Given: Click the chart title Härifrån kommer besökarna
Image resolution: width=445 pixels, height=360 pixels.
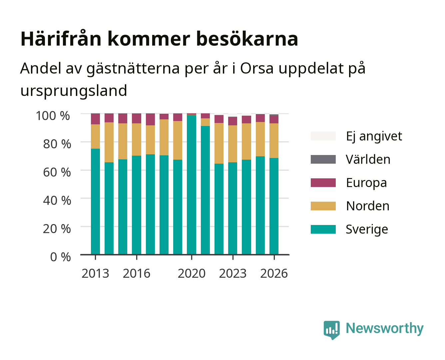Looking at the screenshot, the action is pos(159,39).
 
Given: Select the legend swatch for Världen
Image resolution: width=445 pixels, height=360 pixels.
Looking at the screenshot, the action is pos(323,159).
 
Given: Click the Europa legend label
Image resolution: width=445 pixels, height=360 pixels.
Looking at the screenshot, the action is pos(366,183).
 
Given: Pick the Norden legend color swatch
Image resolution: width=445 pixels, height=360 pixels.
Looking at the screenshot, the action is pos(323,206).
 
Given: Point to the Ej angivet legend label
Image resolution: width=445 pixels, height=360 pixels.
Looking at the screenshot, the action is pos(374,136).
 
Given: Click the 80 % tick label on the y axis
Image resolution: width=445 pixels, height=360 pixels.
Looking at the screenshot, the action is pos(57,144).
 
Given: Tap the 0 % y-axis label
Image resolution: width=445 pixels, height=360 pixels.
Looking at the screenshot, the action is pos(60,257).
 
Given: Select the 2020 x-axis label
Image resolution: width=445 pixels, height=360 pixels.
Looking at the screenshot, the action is pos(192,273).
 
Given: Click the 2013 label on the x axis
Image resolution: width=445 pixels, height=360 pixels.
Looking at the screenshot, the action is pos(95,273).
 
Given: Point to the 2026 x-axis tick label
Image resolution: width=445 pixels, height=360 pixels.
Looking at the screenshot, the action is pos(274,273).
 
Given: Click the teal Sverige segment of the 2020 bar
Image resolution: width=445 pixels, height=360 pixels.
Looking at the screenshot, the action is pos(192,185).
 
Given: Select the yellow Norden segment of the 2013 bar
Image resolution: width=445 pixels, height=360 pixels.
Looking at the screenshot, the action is pos(95,137).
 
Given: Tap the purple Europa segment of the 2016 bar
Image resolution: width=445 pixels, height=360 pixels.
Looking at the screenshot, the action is pos(137,119).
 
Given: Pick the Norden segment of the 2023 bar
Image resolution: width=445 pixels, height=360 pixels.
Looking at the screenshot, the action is pos(232,144).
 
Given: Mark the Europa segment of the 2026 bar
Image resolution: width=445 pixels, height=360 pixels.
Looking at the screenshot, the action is pos(274,119).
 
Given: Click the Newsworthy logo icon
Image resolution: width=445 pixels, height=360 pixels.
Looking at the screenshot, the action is pos(331,330).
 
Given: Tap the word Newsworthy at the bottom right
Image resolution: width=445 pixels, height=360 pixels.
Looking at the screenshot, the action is pos(385,328).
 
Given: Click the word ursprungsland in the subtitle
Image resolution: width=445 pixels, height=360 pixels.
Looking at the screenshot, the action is pos(74,91).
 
